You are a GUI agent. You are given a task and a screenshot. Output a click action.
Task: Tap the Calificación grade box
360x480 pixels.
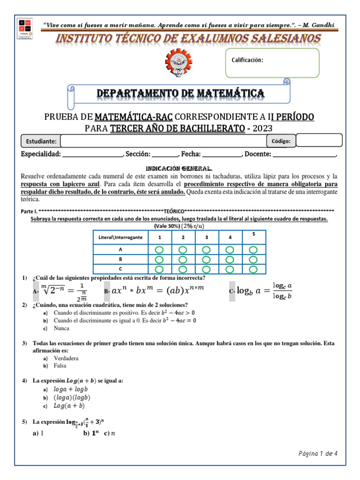click(272, 63)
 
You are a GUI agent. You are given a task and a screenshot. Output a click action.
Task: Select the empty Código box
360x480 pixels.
click(319, 140)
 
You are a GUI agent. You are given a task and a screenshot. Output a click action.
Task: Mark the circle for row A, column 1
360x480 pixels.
click(159, 250)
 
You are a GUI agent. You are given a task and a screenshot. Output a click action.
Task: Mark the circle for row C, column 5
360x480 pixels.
click(254, 269)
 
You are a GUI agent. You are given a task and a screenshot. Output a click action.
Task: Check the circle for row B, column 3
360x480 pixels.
click(206, 260)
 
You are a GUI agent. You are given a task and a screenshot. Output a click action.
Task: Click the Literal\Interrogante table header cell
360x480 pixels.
click(120, 238)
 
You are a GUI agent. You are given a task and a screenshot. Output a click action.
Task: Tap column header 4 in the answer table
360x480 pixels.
click(230, 238)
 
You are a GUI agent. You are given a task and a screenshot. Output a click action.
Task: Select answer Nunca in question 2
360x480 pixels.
click(62, 328)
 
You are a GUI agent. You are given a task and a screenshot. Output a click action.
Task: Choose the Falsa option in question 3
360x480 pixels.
click(60, 366)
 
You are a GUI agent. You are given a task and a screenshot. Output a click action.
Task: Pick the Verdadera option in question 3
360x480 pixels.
click(66, 358)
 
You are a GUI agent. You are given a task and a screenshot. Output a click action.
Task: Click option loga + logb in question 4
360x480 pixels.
click(71, 389)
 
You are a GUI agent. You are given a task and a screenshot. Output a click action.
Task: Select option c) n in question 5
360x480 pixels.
click(110, 433)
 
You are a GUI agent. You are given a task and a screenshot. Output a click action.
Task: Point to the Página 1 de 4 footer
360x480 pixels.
click(318, 453)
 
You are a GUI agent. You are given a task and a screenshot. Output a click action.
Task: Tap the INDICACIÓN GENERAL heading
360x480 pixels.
click(180, 168)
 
